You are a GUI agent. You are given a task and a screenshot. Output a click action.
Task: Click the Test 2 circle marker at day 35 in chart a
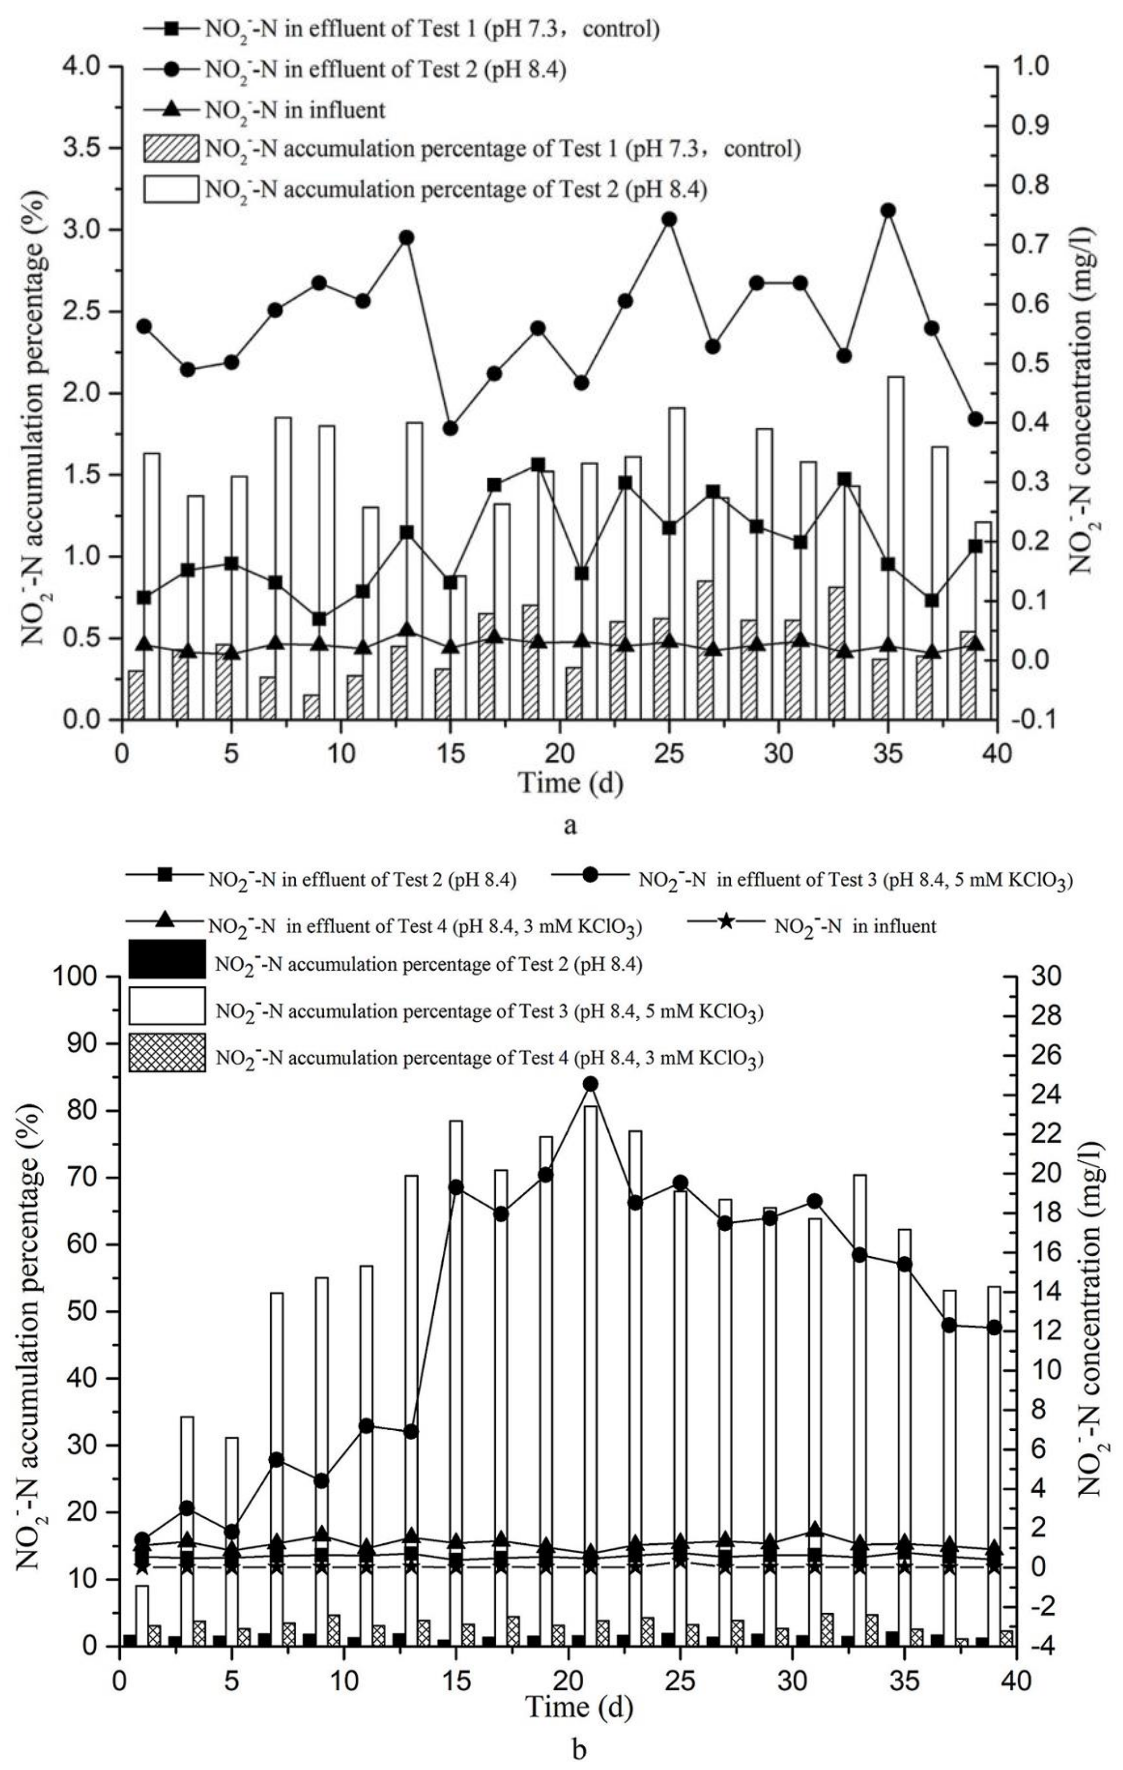pos(888,210)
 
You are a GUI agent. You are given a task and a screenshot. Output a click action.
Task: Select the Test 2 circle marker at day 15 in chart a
pos(451,428)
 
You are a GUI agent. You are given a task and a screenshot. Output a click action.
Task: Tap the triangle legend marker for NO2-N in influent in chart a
pos(170,110)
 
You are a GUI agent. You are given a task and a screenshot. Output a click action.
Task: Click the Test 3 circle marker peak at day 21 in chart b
pos(590,1083)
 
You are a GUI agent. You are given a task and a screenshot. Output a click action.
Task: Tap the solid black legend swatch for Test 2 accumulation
pos(167,959)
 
